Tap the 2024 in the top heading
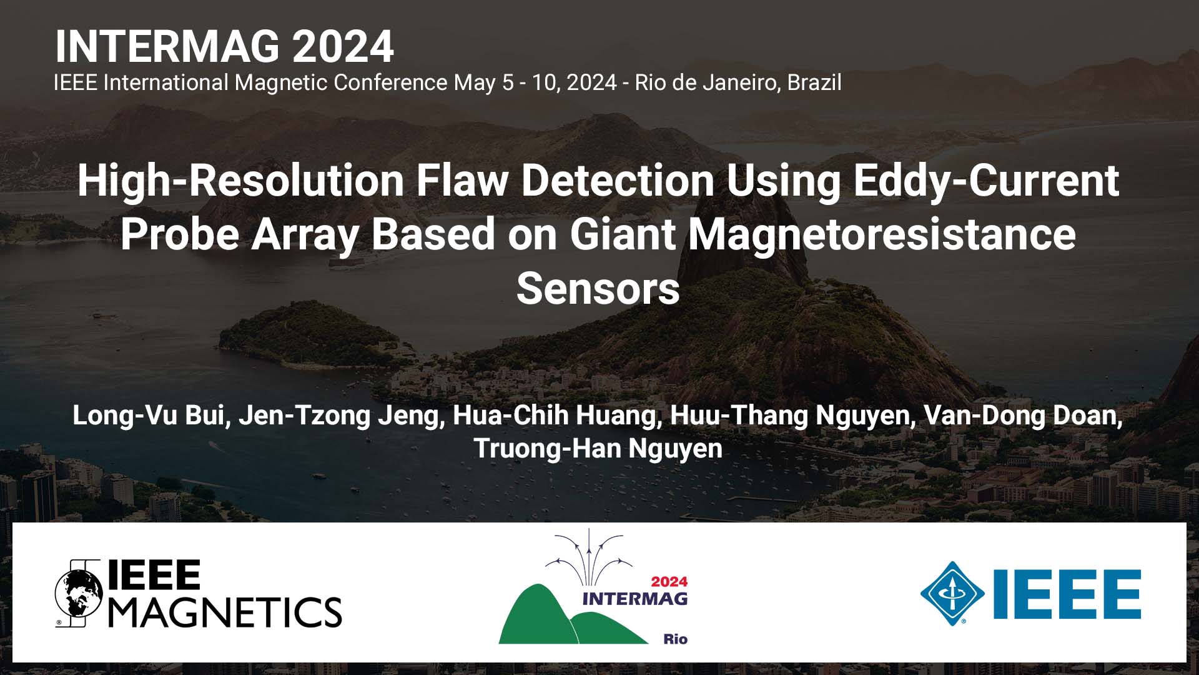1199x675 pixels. tap(343, 47)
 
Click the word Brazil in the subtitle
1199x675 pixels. tap(814, 82)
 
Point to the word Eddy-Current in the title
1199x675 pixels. tap(985, 181)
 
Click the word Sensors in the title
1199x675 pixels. tap(598, 289)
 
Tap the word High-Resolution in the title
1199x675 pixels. tap(240, 181)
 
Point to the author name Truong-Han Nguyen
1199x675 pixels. tap(598, 449)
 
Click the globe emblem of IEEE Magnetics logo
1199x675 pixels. tap(79, 593)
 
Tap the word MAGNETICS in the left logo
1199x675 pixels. tap(225, 612)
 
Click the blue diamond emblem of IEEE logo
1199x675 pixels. tap(952, 593)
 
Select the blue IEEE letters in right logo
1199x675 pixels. tap(1067, 594)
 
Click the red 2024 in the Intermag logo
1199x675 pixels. tap(669, 581)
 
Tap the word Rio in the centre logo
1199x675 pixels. tap(675, 639)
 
